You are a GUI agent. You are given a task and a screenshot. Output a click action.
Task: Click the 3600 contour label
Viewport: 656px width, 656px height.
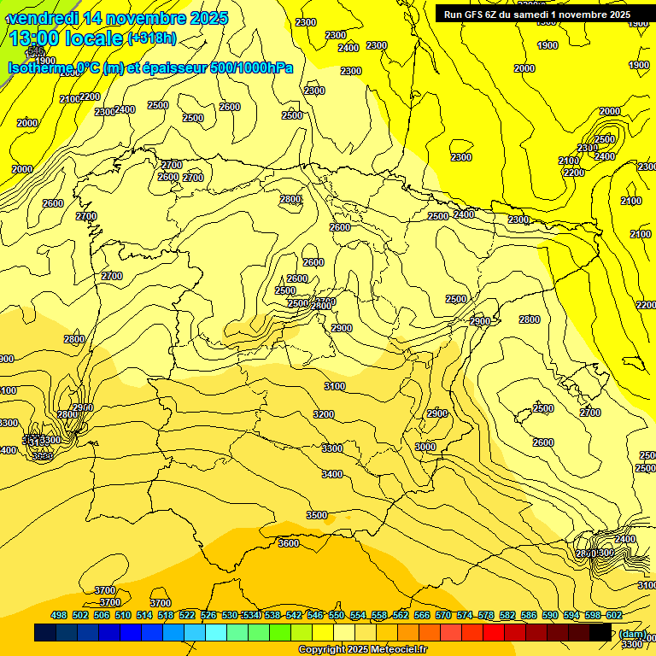[289, 543]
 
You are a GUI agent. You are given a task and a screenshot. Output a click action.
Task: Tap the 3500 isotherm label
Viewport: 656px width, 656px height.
[317, 515]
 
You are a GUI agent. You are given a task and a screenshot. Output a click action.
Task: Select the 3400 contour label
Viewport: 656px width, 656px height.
[332, 474]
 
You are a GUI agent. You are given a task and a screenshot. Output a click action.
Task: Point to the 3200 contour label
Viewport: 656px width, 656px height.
[324, 414]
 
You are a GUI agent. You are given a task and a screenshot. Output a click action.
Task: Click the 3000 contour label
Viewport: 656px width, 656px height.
[425, 447]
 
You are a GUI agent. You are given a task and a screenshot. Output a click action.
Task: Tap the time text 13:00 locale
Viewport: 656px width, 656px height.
[65, 38]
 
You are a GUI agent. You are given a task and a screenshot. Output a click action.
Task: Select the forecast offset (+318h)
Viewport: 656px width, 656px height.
[154, 38]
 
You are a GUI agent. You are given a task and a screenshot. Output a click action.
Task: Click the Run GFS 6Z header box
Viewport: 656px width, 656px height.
[545, 14]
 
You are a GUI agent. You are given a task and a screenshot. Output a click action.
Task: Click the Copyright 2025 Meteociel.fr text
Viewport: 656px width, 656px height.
[363, 650]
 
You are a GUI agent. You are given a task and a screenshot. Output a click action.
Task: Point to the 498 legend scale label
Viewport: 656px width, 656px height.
[59, 615]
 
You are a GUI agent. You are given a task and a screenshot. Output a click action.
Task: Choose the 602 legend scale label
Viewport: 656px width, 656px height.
[614, 615]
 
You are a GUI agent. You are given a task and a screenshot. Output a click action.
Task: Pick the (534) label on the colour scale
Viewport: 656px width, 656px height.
[251, 615]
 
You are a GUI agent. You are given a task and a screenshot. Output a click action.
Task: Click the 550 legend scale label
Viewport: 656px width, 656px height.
[337, 615]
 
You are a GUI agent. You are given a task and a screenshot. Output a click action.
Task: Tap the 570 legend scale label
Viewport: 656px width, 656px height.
[443, 615]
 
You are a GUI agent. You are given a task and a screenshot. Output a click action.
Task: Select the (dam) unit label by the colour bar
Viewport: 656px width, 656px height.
[633, 633]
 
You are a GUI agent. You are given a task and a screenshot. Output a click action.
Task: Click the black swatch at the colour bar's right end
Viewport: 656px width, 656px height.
[600, 633]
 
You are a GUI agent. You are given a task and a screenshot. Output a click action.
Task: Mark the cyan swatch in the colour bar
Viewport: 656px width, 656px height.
[216, 633]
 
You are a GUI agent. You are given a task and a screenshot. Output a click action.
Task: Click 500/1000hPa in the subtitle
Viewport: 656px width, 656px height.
[252, 68]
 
